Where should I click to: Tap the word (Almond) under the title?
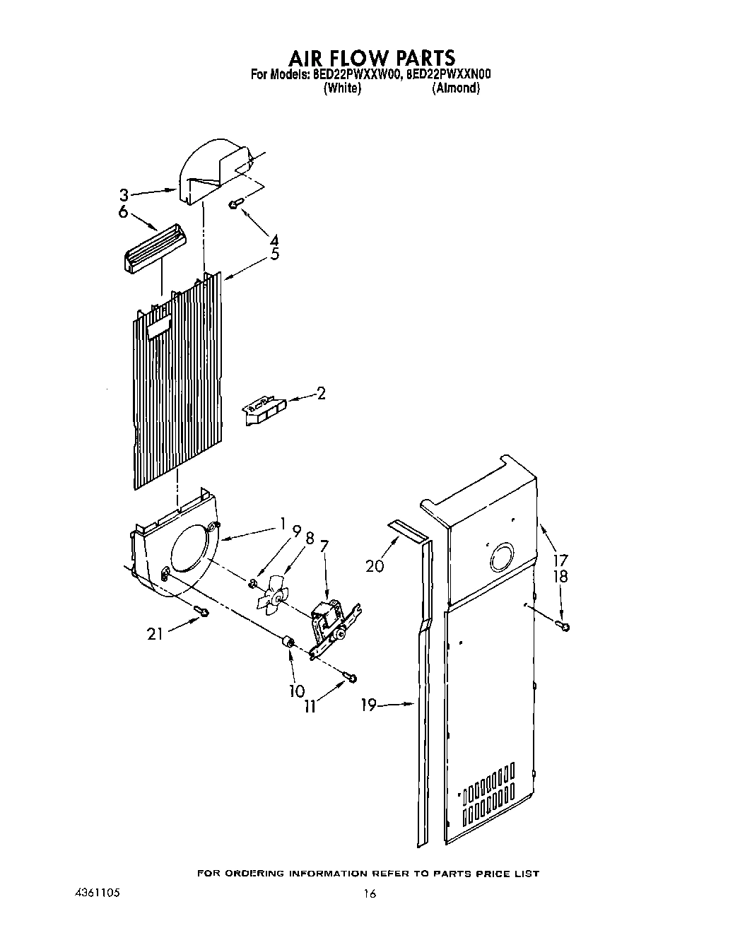(456, 88)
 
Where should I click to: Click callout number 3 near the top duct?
(124, 194)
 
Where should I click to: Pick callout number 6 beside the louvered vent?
(123, 212)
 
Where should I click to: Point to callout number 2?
(321, 393)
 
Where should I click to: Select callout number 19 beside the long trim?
(368, 704)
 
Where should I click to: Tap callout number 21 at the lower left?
(155, 633)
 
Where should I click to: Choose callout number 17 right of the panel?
(560, 561)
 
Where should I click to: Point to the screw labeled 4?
(235, 204)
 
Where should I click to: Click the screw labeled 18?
(564, 625)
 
